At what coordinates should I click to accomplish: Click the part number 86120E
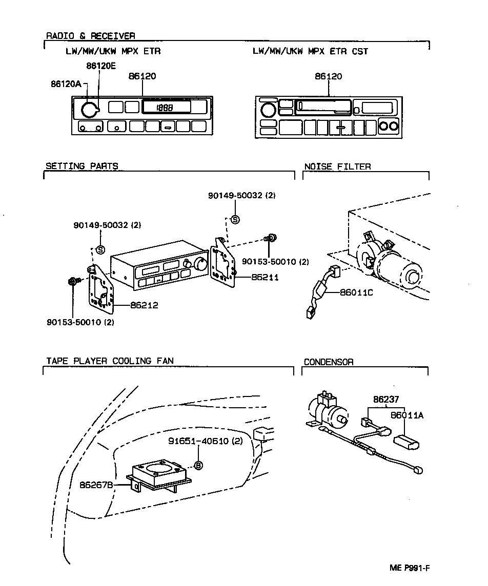(101, 66)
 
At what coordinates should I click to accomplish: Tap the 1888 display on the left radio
(166, 108)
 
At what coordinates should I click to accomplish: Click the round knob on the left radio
(89, 109)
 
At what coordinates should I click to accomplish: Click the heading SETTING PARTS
(82, 166)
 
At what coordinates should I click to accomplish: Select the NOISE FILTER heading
(337, 166)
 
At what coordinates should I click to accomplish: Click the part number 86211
(265, 277)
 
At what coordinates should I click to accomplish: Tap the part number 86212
(144, 305)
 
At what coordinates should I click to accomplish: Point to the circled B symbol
(199, 465)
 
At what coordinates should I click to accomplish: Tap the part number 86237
(386, 399)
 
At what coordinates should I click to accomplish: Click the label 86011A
(407, 415)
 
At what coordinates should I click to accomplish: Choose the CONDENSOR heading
(329, 362)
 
